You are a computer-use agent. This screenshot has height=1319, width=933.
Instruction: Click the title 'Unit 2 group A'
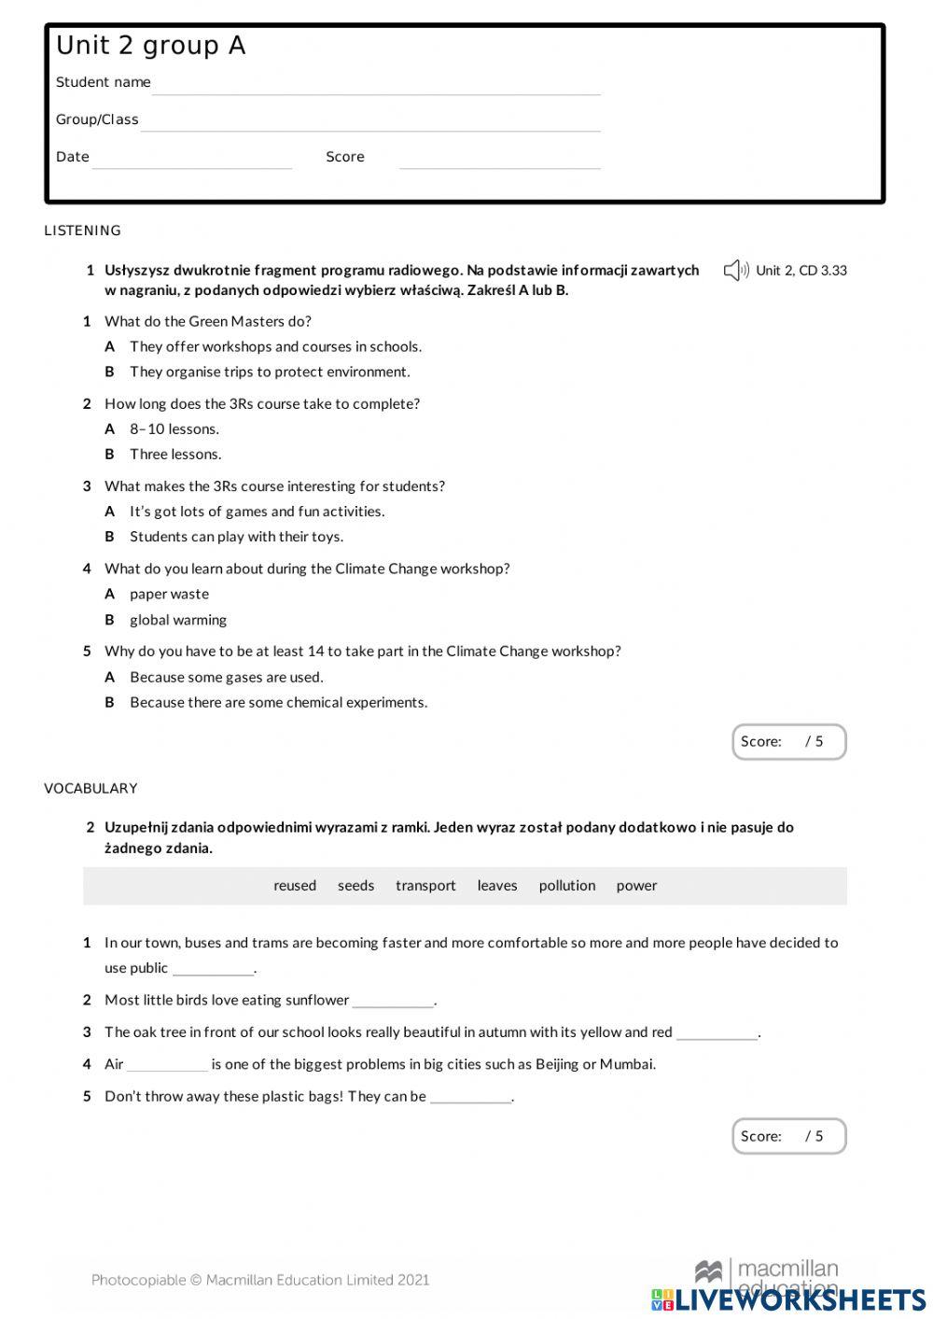[151, 46]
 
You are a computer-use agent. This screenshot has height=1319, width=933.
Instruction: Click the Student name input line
[376, 86]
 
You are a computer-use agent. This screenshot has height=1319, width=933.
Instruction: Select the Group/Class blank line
[370, 123]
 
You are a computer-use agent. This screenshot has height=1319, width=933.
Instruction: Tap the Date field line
[192, 161]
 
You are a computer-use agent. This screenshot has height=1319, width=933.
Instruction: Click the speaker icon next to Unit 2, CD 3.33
[736, 271]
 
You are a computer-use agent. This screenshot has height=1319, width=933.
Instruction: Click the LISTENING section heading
[82, 231]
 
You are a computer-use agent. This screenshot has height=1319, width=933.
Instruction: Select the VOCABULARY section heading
[91, 789]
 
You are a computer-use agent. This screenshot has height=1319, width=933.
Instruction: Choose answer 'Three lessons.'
[175, 455]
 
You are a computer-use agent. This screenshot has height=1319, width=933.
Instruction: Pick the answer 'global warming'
[178, 620]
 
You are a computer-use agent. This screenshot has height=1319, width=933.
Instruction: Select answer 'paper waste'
[169, 595]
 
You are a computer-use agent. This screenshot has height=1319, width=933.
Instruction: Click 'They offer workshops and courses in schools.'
[275, 347]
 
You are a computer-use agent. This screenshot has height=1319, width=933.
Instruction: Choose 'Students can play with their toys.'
[236, 537]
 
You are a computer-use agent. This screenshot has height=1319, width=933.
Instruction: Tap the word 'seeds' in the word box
[355, 886]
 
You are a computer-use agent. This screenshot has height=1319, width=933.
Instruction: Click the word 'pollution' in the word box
[566, 886]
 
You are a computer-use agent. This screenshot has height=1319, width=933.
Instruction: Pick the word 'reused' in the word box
[295, 886]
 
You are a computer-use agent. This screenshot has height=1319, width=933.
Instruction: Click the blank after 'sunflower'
[393, 1002]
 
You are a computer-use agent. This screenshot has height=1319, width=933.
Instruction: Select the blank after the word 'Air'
[167, 1065]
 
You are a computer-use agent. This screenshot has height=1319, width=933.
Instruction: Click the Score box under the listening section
[788, 742]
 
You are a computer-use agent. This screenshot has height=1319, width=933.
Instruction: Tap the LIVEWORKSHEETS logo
[788, 1299]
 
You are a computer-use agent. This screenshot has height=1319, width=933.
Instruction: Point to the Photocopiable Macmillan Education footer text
[260, 1280]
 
